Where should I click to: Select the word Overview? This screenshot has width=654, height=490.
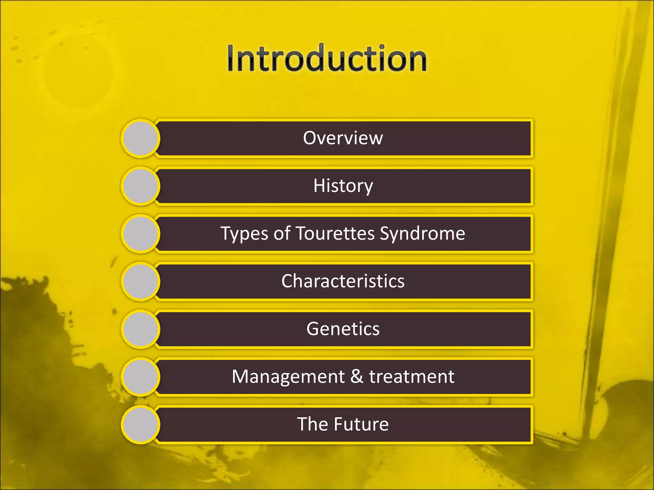click(343, 138)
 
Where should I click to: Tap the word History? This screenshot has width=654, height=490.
click(343, 186)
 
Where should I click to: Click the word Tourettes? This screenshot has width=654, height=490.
click(335, 233)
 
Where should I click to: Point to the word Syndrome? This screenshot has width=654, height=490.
click(422, 234)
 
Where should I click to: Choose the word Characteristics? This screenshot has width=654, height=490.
click(343, 281)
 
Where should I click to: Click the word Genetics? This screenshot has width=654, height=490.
click(343, 329)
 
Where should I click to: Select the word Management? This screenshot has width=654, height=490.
click(288, 377)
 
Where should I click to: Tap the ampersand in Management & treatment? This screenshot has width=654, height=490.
click(357, 376)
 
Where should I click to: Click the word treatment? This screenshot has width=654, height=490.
click(412, 377)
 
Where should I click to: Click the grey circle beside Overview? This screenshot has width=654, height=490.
click(141, 138)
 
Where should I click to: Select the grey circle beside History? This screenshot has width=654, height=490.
click(141, 186)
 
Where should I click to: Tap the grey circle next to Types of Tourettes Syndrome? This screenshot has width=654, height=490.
click(141, 234)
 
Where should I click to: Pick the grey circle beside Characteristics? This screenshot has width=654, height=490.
click(141, 281)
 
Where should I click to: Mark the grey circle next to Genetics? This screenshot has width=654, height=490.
click(141, 329)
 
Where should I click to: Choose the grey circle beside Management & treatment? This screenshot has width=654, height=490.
click(141, 377)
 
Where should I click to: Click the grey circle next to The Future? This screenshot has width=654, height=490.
click(141, 424)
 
